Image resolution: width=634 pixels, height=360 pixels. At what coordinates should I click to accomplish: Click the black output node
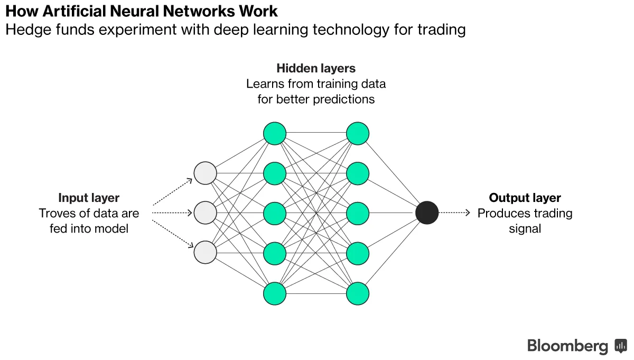tap(427, 213)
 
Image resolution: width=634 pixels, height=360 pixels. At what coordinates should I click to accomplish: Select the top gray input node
tap(206, 173)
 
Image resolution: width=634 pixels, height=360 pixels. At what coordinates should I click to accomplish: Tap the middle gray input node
tap(206, 213)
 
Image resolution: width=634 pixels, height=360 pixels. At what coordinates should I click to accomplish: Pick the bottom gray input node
tap(206, 252)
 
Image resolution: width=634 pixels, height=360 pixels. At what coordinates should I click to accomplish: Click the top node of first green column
tap(275, 133)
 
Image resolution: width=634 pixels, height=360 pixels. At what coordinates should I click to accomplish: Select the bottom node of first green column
tap(275, 293)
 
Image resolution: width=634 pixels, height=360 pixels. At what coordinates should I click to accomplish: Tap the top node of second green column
tap(358, 133)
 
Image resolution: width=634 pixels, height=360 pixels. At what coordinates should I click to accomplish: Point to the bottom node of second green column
tap(358, 293)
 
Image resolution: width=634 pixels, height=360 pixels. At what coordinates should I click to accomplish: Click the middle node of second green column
tap(358, 213)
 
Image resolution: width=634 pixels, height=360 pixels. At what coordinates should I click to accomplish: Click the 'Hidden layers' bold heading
tap(316, 68)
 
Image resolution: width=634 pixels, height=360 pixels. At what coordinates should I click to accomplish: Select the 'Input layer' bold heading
tap(89, 198)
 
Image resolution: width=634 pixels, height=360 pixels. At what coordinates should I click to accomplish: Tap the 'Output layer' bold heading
tap(525, 198)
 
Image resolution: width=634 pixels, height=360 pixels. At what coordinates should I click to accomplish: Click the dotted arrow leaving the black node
tap(454, 213)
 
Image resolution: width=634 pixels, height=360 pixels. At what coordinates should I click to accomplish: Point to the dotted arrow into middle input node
tap(172, 213)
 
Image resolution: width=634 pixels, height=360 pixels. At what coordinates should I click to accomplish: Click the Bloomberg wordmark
tap(568, 346)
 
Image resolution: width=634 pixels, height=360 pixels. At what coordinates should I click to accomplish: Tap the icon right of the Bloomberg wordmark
tap(620, 346)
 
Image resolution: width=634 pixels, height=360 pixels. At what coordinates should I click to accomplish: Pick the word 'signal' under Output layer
tap(525, 229)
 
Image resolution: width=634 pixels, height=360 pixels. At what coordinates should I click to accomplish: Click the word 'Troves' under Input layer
tap(55, 214)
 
